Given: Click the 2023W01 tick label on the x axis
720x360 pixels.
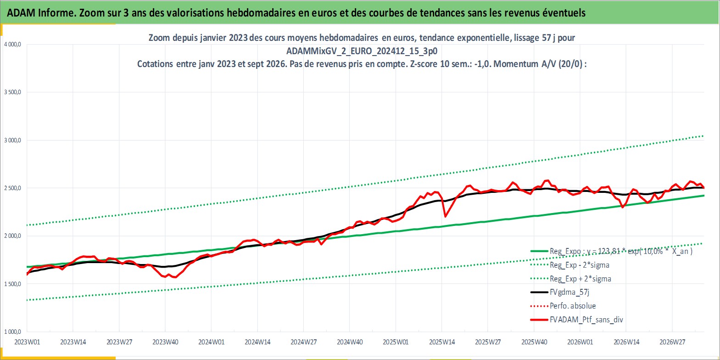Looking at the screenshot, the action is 27,342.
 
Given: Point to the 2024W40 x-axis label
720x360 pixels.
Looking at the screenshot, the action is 350,342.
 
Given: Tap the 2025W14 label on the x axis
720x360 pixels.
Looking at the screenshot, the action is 442,342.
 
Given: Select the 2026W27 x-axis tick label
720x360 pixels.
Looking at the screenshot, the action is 672,342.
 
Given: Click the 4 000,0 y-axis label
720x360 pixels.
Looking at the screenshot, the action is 12,45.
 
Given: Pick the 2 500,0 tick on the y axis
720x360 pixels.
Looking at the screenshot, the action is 12,188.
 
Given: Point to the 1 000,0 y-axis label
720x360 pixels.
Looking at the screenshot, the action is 12,332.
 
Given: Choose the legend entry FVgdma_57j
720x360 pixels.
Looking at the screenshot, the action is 569,292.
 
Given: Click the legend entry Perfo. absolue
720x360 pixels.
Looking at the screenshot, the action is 572,306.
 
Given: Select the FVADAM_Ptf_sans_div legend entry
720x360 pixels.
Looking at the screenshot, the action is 586,320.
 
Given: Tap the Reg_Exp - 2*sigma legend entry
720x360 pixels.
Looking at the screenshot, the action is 579,265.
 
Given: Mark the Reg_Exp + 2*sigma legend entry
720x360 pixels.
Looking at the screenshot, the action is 580,279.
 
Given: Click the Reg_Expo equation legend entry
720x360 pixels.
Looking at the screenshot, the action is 621,251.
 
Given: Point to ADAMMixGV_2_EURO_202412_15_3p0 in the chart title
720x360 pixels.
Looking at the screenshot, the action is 362,51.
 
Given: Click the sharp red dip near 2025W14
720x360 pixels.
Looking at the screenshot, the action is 445,216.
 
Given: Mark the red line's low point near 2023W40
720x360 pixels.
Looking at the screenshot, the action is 175,277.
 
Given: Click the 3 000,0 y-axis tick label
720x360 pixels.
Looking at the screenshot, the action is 12,140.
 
